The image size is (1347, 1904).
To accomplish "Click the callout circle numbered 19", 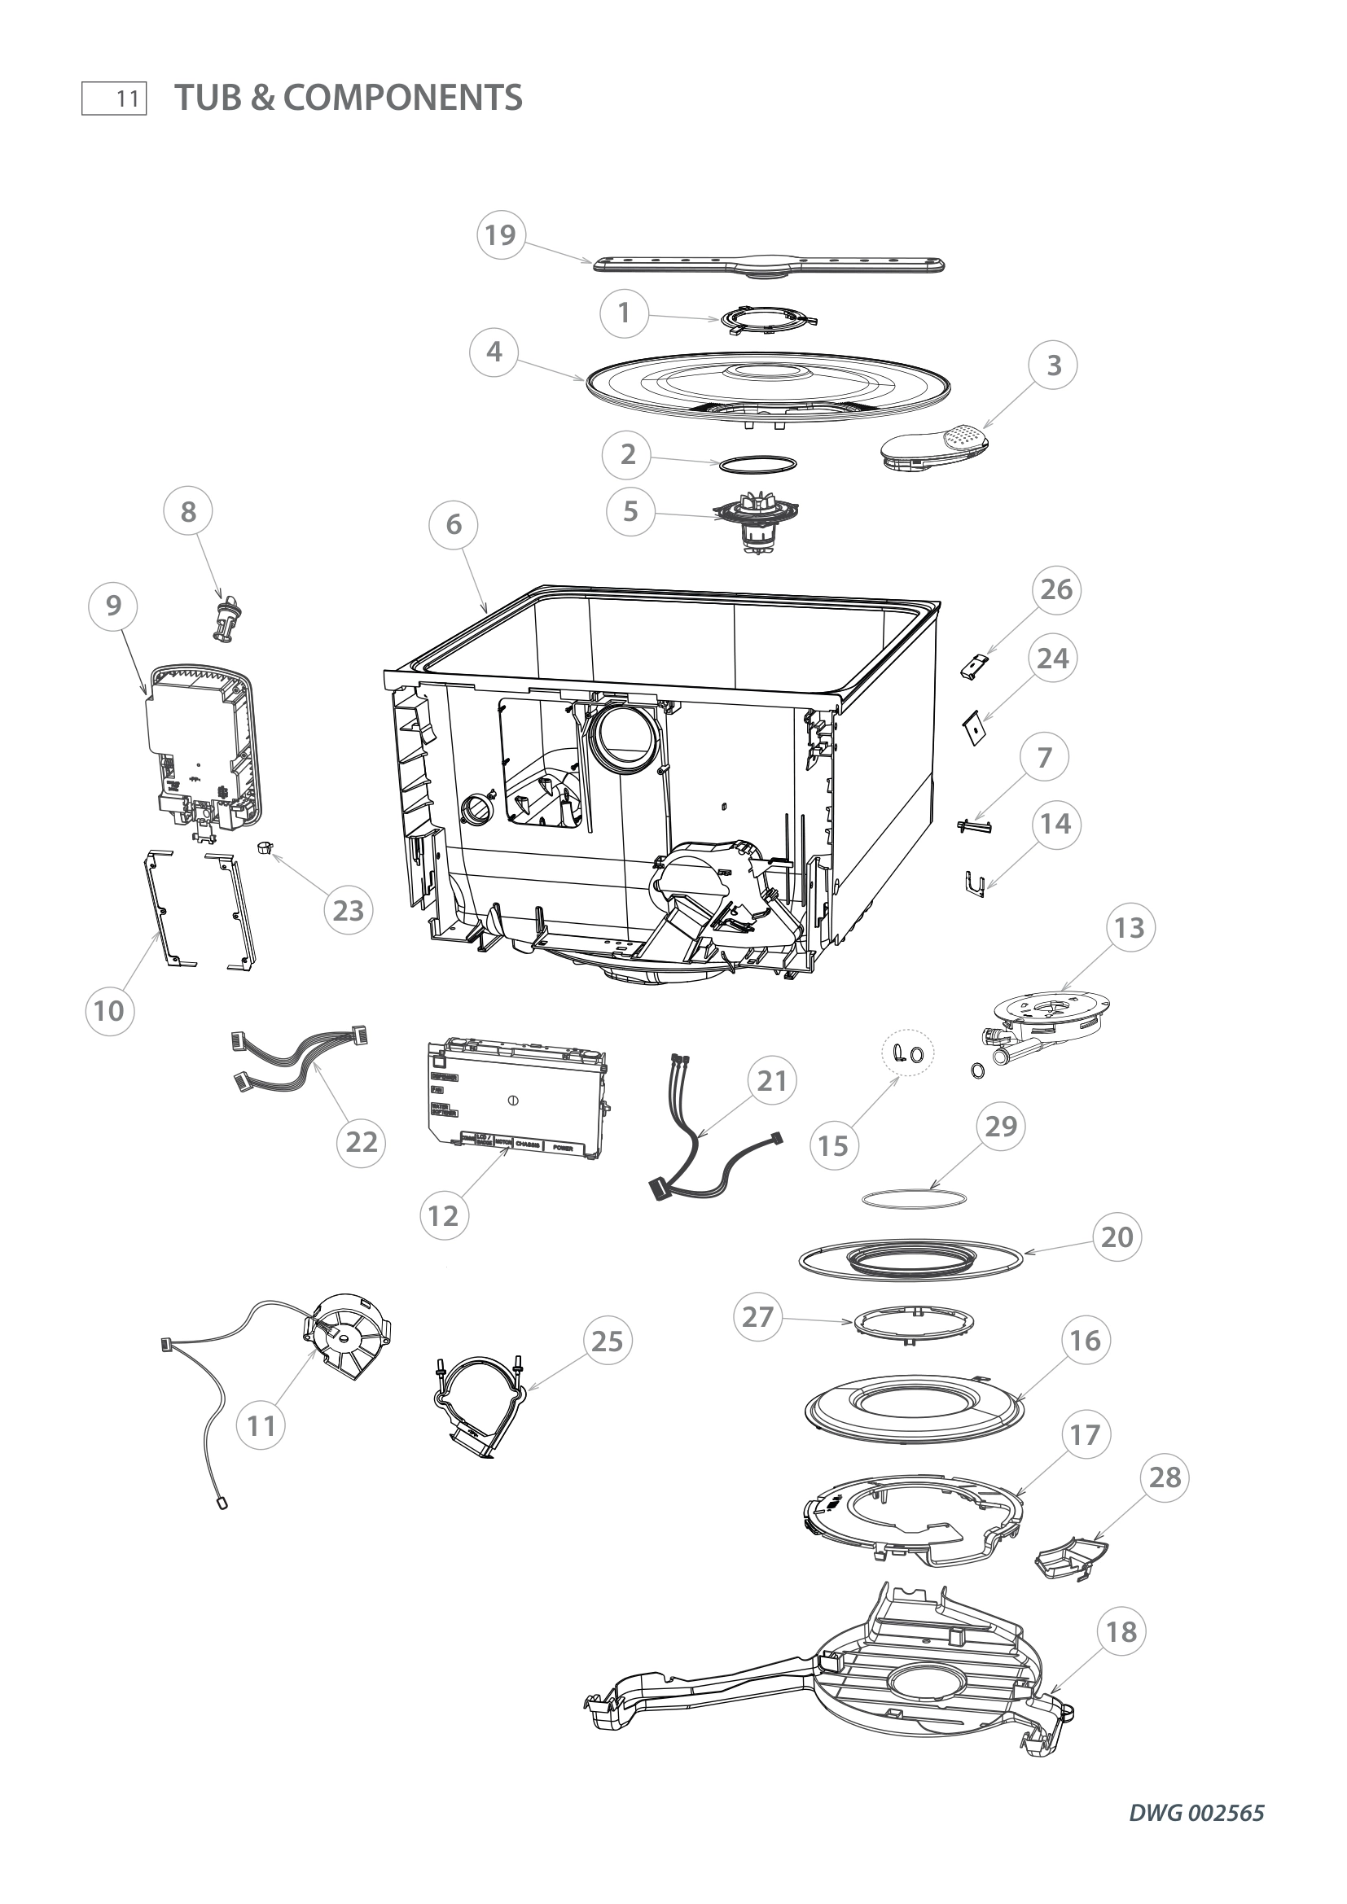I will tap(500, 235).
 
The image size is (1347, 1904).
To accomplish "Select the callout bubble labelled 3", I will tap(1053, 365).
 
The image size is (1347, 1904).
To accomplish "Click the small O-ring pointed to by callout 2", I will tap(758, 463).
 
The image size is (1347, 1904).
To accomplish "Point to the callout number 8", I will tap(188, 512).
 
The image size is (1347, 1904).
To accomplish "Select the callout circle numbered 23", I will tap(349, 911).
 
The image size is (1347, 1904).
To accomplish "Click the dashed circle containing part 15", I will tap(906, 1053).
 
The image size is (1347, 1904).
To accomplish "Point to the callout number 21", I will tap(771, 1081).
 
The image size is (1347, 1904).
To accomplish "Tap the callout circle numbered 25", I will tap(608, 1341).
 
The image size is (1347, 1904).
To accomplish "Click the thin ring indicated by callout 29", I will tap(913, 1198).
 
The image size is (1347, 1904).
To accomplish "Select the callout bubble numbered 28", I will tap(1165, 1477).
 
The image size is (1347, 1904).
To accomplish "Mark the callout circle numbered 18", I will tap(1121, 1633).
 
